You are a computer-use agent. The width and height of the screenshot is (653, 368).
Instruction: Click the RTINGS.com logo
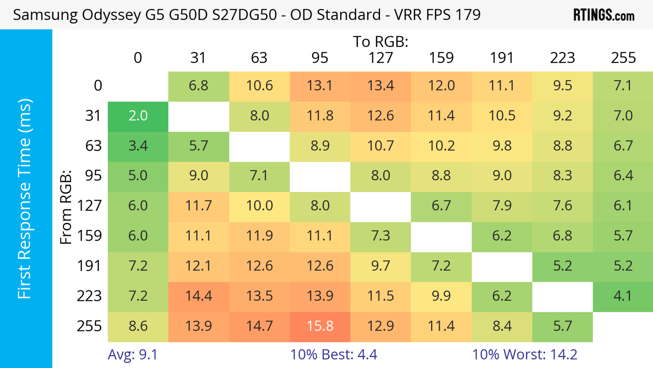point(604,15)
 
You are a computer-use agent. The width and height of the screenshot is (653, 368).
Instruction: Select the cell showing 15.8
point(320,326)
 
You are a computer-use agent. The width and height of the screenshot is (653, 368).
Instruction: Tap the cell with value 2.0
point(138,116)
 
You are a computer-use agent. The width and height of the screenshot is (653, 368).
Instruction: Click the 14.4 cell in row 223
point(198,296)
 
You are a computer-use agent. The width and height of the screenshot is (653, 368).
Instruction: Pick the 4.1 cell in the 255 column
point(623,296)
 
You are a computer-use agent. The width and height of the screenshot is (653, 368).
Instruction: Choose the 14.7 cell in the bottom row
point(259,326)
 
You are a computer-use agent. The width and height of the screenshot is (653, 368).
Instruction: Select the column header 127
point(381,58)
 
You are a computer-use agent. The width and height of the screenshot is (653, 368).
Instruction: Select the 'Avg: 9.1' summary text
point(133,355)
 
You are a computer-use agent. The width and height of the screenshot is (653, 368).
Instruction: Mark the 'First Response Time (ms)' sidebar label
point(25,198)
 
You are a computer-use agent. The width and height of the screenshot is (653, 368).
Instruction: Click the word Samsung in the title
point(45,15)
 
